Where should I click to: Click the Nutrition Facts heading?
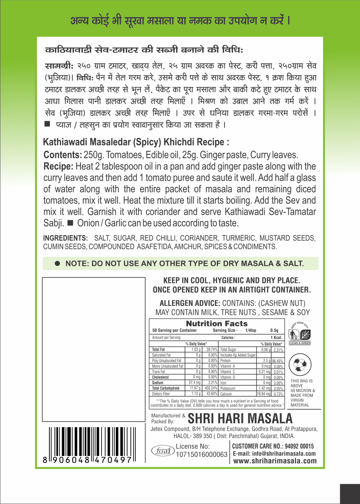(216, 324)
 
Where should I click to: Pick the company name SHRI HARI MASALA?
(240, 419)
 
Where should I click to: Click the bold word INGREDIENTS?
(65, 238)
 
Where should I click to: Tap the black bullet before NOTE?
(58, 264)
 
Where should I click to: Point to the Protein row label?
(226, 361)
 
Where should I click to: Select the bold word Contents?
(63, 155)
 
